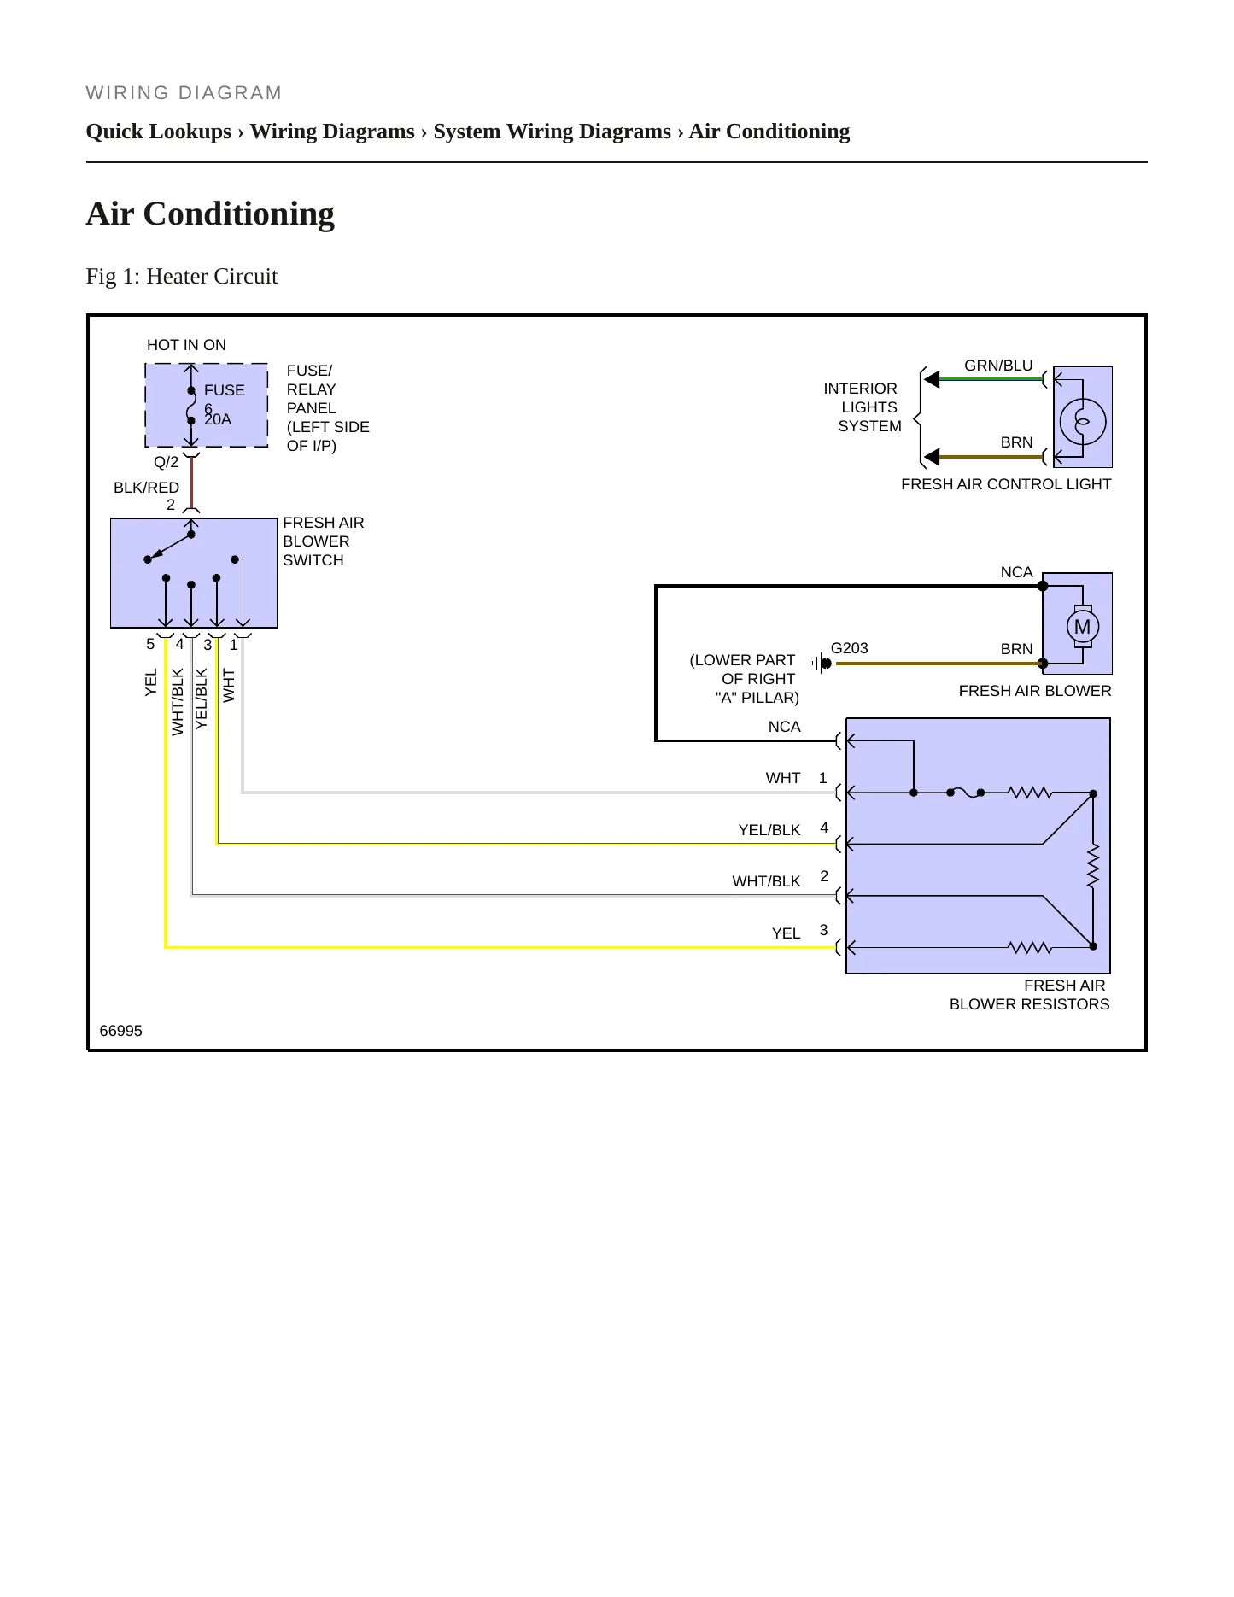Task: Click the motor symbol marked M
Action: pos(1082,627)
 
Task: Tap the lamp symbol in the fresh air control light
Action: pos(1082,421)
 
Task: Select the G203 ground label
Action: pos(849,648)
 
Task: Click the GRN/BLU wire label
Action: pos(998,366)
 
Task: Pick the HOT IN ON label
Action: pos(186,345)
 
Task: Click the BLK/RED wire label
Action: pos(146,488)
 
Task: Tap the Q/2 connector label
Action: pos(166,463)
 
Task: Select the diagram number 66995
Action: pos(121,1031)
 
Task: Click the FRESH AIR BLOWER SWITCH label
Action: pos(324,541)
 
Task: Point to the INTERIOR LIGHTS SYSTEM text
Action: pos(863,407)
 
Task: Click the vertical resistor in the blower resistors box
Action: pos(1092,866)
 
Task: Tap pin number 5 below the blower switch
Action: pos(150,645)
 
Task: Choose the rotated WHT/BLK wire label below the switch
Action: pos(178,702)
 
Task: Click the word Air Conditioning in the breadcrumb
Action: pos(769,132)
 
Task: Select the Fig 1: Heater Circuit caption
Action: pos(182,276)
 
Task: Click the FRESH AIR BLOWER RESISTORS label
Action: pos(1030,995)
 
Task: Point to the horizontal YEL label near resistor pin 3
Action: pos(786,933)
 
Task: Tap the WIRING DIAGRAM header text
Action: pos(184,93)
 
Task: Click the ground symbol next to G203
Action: pos(822,664)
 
